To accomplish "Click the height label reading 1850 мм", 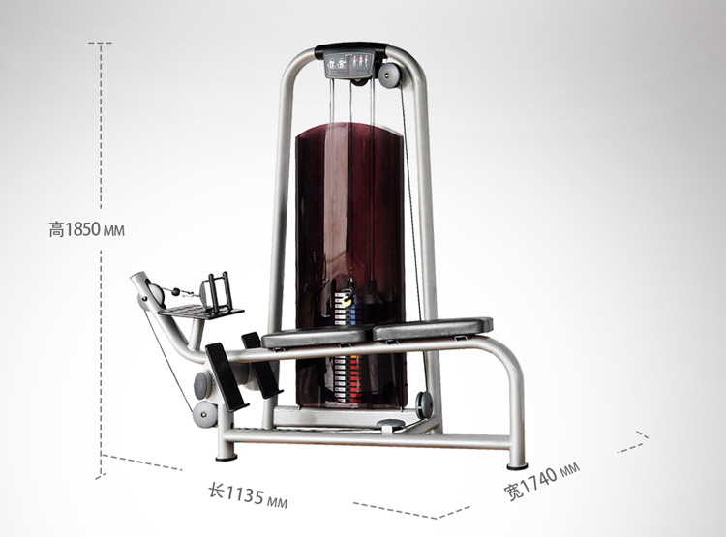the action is [x=86, y=229].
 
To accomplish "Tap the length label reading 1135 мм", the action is [x=248, y=494].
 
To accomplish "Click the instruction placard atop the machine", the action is [x=348, y=65].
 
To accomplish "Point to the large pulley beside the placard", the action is [x=389, y=74].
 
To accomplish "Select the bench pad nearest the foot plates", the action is [x=318, y=335].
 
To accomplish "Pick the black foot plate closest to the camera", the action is [x=227, y=376].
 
